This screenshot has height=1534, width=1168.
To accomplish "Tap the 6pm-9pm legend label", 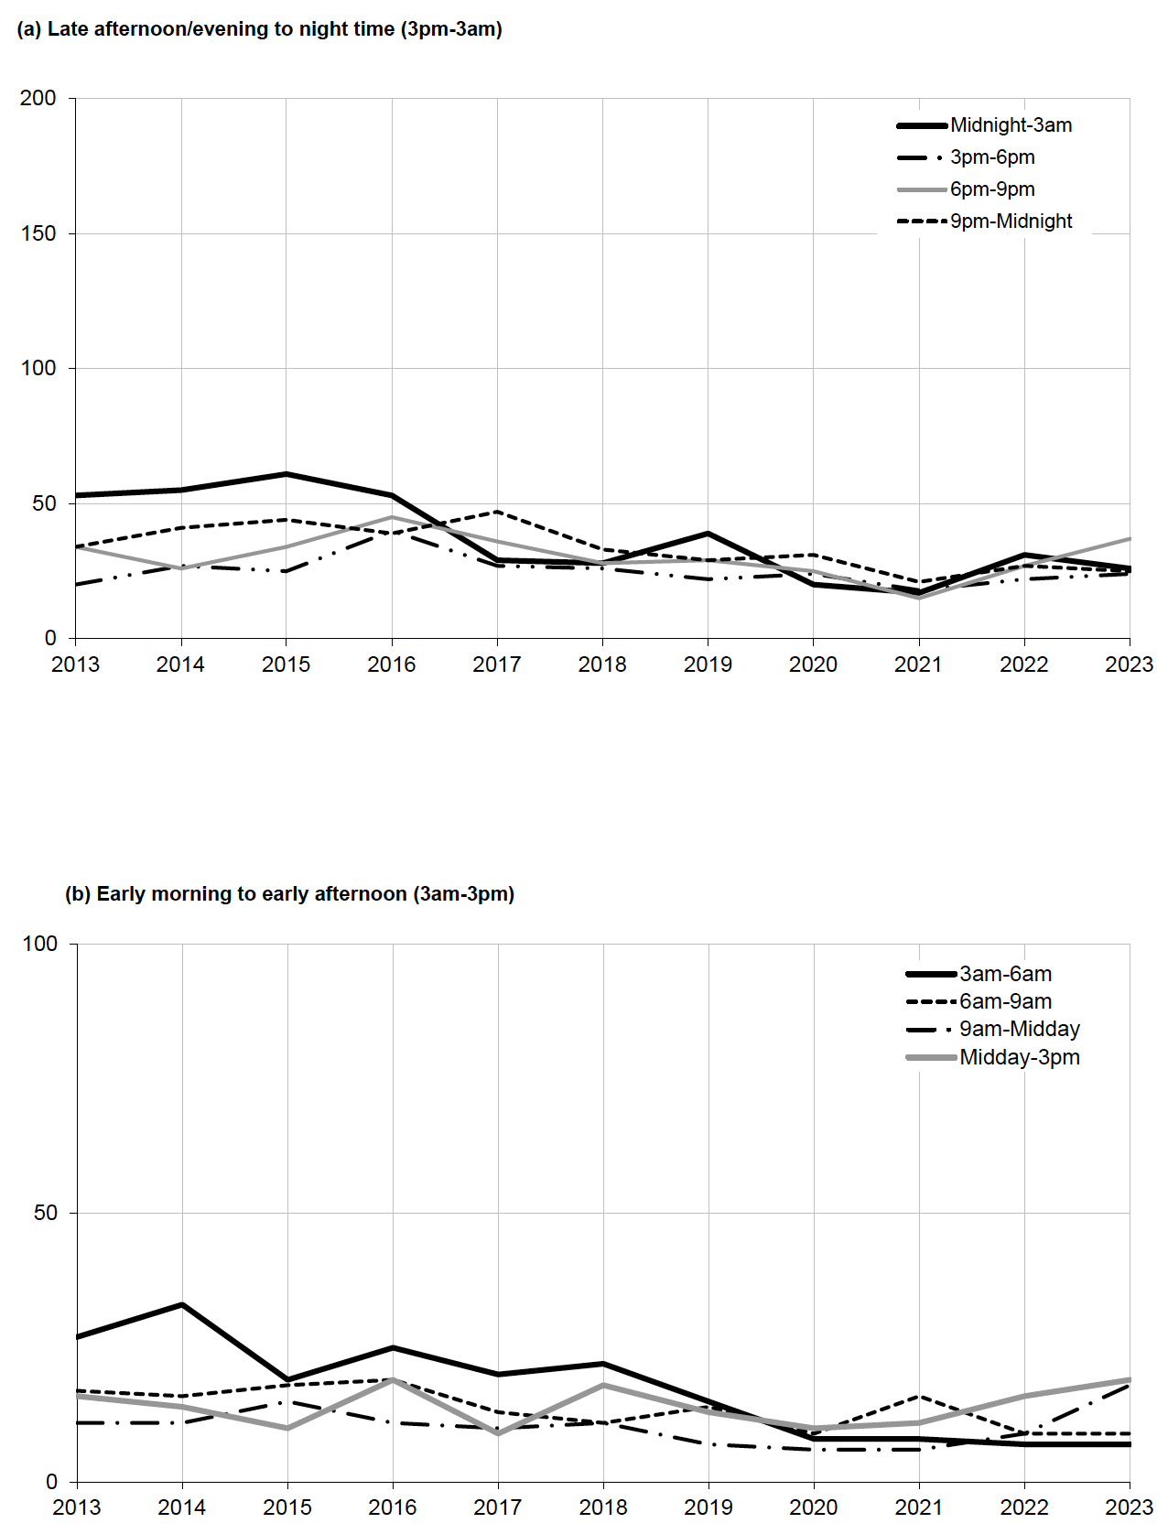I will [992, 189].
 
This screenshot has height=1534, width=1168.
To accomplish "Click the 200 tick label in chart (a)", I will [38, 98].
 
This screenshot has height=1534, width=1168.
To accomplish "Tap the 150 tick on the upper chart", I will [38, 233].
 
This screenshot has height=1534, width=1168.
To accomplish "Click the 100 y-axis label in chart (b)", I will [40, 944].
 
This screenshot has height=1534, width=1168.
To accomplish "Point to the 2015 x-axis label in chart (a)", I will [287, 664].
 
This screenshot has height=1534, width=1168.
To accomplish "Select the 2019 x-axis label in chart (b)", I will [708, 1507].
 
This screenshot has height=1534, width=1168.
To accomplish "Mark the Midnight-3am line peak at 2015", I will [287, 474].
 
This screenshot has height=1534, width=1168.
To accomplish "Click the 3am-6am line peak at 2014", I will [182, 1304].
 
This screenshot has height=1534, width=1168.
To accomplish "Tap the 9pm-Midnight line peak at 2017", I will [497, 512].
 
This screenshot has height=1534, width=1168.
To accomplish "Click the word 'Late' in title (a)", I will [68, 29].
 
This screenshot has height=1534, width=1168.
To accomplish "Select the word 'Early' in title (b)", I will [121, 894].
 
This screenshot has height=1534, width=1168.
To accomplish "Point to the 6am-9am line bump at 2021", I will [919, 1396].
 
